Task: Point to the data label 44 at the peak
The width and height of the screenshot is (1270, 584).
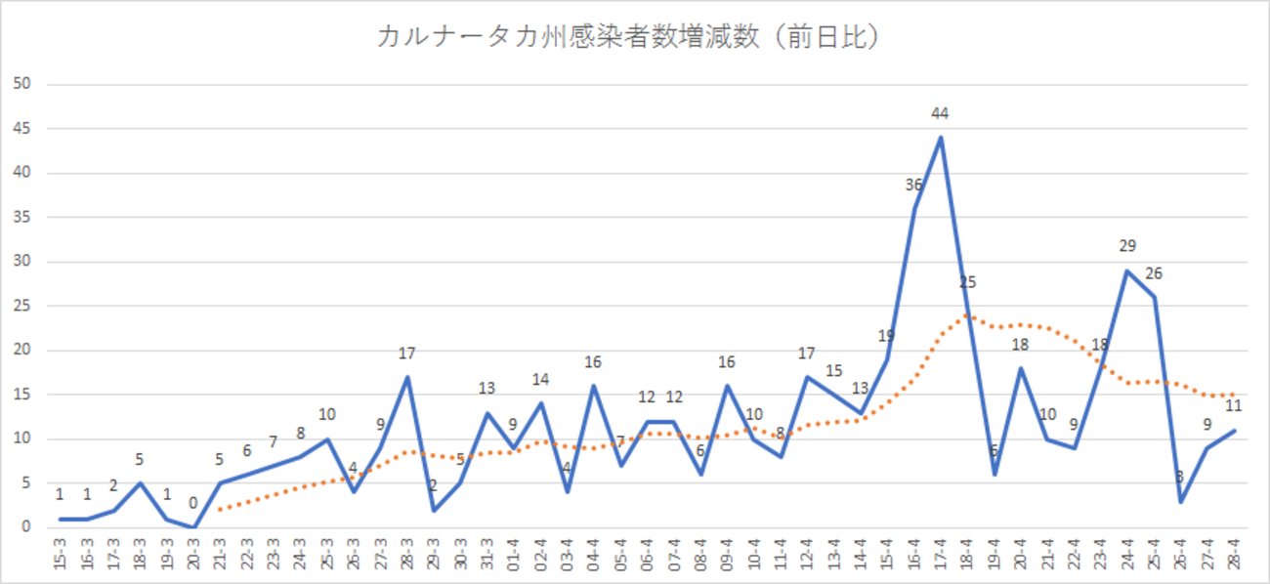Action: [940, 113]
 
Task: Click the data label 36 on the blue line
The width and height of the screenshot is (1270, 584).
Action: [913, 185]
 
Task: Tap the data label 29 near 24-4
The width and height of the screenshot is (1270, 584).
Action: [1126, 246]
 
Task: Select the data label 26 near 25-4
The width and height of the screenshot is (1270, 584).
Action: [1154, 273]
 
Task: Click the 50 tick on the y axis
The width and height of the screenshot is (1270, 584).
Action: [23, 84]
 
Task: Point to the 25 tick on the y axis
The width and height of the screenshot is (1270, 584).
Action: [23, 306]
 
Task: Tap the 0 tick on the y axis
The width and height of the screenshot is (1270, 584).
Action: [27, 527]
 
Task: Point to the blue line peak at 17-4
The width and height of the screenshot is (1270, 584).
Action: [940, 138]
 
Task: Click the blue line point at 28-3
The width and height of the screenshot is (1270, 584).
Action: [407, 377]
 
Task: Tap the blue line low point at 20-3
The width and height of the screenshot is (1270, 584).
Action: [193, 527]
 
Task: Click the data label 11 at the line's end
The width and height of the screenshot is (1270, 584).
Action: [1233, 406]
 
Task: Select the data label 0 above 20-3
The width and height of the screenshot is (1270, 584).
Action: [193, 504]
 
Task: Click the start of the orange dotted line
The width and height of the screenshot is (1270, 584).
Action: [221, 509]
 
